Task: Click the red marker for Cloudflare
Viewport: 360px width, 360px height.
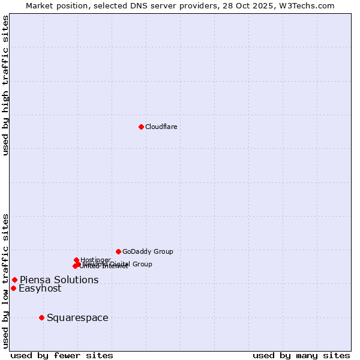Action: coord(141,127)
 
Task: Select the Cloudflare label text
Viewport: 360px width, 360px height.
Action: coord(161,127)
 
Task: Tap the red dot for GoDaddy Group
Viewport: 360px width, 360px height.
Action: coord(118,251)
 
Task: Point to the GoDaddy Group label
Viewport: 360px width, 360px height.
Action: coord(148,251)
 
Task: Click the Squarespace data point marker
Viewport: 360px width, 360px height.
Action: coord(41,317)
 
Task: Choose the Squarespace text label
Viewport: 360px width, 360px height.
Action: coord(77,317)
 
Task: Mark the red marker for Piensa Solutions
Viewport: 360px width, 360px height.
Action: coord(14,280)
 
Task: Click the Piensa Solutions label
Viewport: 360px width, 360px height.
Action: coord(59,280)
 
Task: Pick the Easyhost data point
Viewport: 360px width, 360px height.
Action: coord(13,288)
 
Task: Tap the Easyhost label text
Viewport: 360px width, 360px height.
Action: coord(40,289)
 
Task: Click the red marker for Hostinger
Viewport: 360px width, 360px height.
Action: coord(76,260)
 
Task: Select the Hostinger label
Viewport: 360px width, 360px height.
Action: coord(95,260)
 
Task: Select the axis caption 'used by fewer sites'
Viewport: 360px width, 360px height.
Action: coord(61,355)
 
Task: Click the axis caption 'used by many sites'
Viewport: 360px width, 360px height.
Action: coord(301,355)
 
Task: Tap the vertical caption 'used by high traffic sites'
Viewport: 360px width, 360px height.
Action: coord(5,85)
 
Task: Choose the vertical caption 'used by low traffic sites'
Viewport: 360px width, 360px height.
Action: coord(5,281)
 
